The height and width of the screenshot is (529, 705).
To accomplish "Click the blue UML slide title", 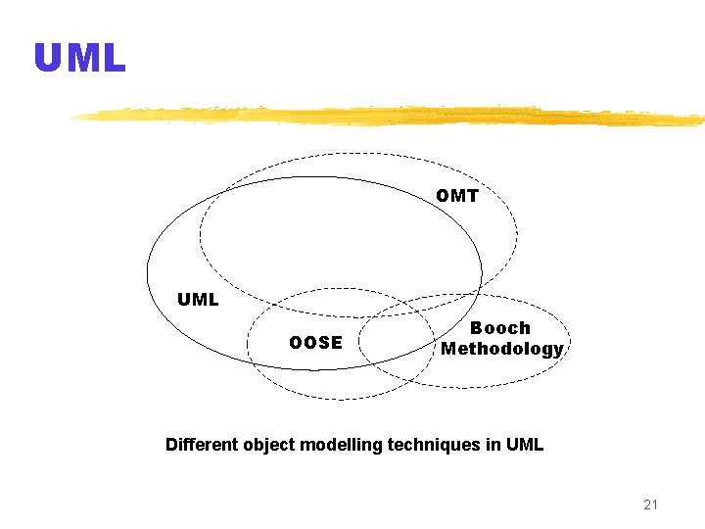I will [x=80, y=59].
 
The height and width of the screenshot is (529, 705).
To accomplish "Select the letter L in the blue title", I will [x=114, y=59].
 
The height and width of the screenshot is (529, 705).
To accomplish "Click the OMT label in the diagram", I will [x=457, y=196].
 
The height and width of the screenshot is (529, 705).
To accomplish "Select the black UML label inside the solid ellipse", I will [x=198, y=300].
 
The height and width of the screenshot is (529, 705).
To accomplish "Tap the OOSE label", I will [x=315, y=343].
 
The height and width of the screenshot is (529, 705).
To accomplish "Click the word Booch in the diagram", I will [x=500, y=328].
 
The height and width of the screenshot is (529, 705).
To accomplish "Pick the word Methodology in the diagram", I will [x=501, y=349].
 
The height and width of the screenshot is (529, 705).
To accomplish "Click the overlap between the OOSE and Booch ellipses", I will [x=397, y=342].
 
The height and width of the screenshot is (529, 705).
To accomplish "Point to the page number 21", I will [x=651, y=505].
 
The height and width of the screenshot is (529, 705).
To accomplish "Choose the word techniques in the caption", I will [x=434, y=445].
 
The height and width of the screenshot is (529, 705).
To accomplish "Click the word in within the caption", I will [x=493, y=445].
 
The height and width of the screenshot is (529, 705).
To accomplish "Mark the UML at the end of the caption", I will [x=525, y=445].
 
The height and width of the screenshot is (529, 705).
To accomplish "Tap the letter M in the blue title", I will [x=81, y=59].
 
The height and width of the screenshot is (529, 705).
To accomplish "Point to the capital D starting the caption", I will [x=172, y=445].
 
